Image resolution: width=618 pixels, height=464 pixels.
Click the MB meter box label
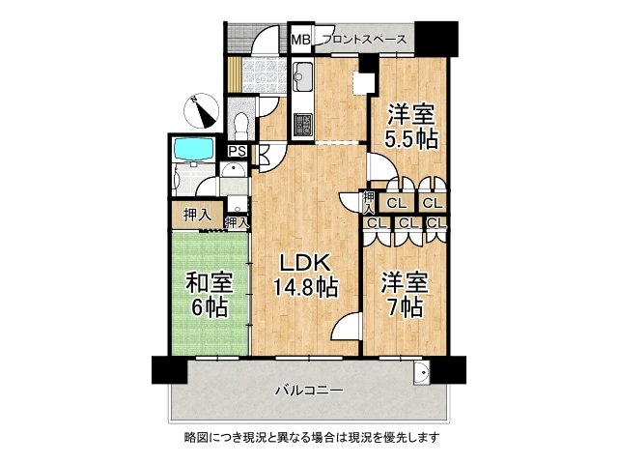(x=301, y=40)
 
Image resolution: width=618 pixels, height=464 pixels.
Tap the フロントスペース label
(x=365, y=40)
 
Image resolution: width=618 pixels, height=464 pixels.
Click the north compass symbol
(x=202, y=110)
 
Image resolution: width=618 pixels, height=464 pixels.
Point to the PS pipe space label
(x=239, y=151)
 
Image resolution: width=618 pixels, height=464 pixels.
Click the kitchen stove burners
(x=302, y=124)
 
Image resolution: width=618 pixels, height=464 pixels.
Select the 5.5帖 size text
(x=411, y=139)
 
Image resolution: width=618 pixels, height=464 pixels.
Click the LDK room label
(x=305, y=263)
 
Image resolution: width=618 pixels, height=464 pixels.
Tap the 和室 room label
(x=210, y=283)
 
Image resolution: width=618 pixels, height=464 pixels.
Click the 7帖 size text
(x=406, y=307)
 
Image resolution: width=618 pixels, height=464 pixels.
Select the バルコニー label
(x=309, y=391)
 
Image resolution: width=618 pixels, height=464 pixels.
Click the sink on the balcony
(x=422, y=371)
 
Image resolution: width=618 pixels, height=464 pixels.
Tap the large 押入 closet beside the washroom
(x=197, y=216)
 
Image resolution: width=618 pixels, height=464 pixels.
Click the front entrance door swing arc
(x=265, y=39)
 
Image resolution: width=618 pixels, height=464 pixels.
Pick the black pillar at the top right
(x=436, y=39)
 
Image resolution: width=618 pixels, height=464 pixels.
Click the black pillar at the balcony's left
(x=170, y=369)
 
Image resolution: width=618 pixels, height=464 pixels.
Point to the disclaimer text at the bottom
(x=311, y=437)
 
